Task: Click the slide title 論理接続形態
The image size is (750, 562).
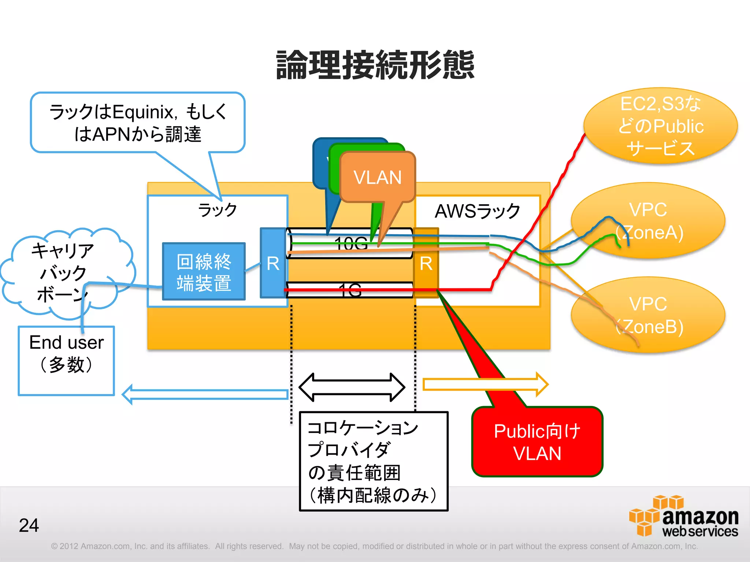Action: (x=375, y=65)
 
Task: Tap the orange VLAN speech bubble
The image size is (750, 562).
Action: (x=377, y=177)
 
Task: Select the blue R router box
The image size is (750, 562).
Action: (x=273, y=263)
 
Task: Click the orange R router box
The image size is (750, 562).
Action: (x=426, y=263)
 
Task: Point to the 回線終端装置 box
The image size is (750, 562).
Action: (x=204, y=271)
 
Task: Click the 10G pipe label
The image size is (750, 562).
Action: (x=350, y=243)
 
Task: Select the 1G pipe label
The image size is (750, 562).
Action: (x=350, y=290)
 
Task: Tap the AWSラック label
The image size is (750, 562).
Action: (x=477, y=211)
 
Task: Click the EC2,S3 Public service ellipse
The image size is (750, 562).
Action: (x=661, y=125)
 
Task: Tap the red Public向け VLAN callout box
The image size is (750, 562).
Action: (x=537, y=442)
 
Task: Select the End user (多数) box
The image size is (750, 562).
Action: (x=66, y=360)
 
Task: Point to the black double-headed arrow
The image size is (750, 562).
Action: (x=352, y=387)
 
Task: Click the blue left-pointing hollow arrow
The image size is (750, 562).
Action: (x=205, y=394)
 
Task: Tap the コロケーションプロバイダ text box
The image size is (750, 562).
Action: (x=374, y=461)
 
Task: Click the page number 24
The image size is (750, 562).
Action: (x=29, y=525)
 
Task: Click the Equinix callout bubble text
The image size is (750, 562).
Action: (x=138, y=123)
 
